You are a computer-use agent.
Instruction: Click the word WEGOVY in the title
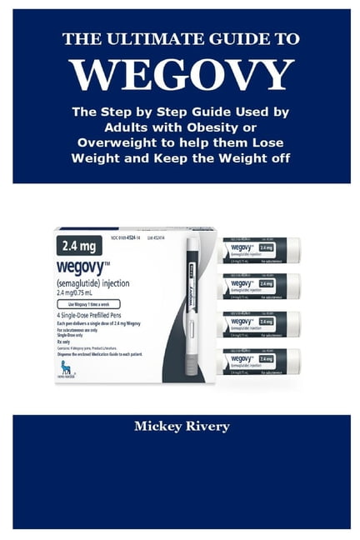(x=181, y=76)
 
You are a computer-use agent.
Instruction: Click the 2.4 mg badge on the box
(x=81, y=247)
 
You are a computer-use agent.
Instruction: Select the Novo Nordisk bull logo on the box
(x=66, y=367)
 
